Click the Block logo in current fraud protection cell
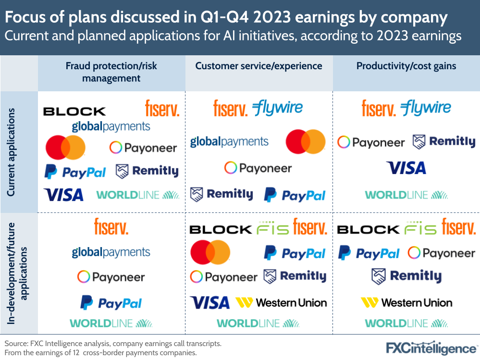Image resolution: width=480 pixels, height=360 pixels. click(x=74, y=112)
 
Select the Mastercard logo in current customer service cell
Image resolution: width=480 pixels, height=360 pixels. click(x=306, y=141)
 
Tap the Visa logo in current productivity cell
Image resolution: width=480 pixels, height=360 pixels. click(x=406, y=168)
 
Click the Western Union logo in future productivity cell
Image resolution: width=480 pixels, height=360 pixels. click(x=406, y=303)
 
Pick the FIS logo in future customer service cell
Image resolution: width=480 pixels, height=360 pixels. click(x=273, y=229)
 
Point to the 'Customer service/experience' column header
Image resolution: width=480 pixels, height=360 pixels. click(x=258, y=66)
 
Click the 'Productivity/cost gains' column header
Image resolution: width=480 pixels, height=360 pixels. click(x=406, y=66)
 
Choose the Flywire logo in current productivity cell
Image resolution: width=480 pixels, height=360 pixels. click(x=426, y=108)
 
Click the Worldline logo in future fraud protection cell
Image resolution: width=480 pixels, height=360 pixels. click(x=111, y=323)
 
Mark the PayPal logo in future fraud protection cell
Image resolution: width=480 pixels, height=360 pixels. click(x=111, y=303)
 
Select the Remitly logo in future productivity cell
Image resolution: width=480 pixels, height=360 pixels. click(x=406, y=276)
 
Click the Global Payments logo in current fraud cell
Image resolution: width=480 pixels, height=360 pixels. click(x=111, y=126)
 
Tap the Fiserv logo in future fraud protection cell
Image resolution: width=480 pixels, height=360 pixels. click(x=111, y=226)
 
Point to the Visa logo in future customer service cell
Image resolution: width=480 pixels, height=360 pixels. click(x=210, y=303)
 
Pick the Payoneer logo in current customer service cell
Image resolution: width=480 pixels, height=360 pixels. click(x=258, y=168)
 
